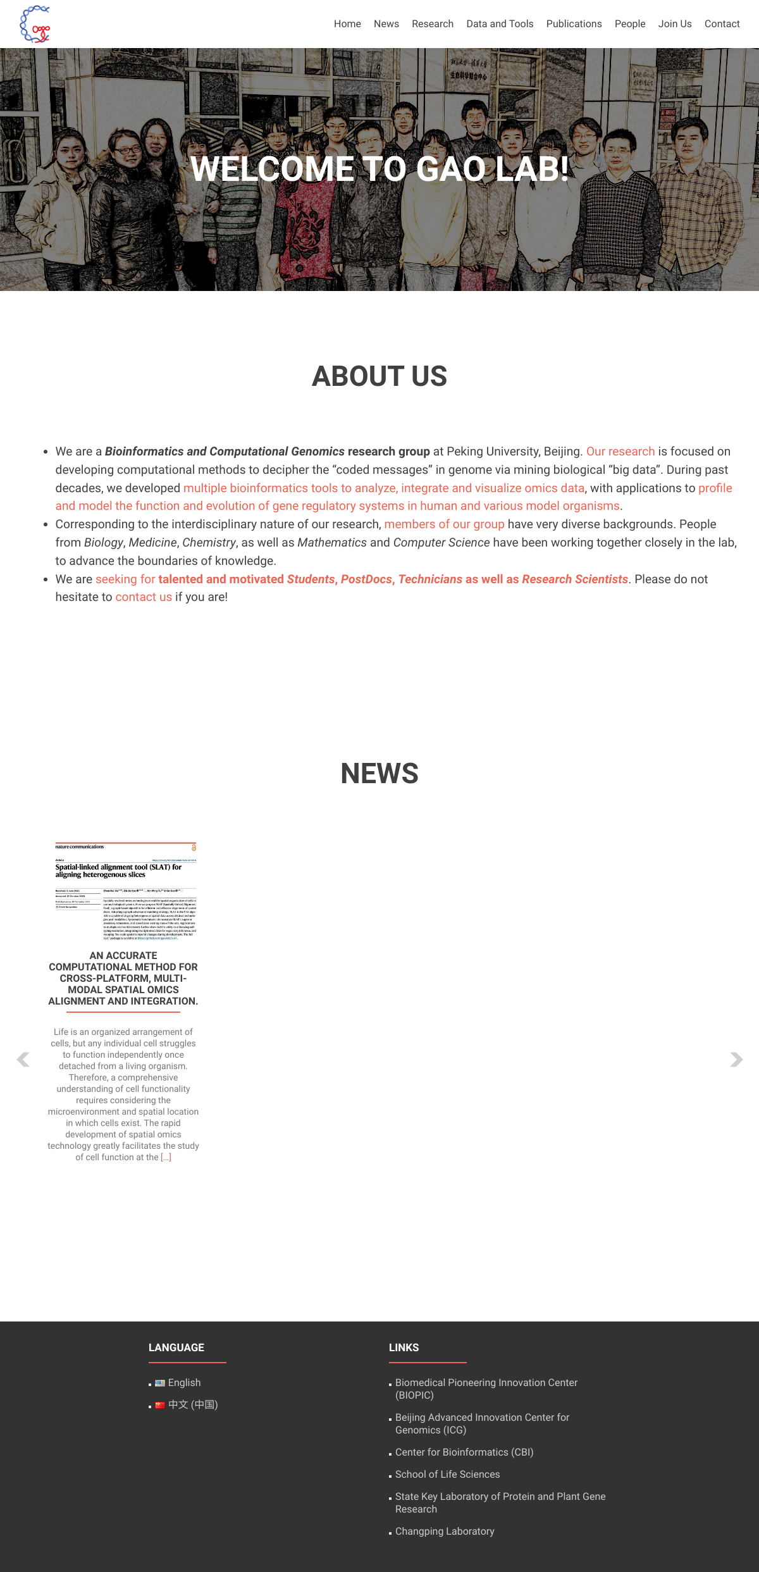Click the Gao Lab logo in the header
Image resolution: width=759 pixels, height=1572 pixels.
pyautogui.click(x=35, y=24)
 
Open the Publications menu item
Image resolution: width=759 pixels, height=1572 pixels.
pyautogui.click(x=574, y=24)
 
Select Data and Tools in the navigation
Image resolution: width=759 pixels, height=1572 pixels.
pyautogui.click(x=500, y=24)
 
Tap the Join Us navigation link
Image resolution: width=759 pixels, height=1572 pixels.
pyautogui.click(x=675, y=24)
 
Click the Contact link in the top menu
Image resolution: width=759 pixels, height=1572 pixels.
pyautogui.click(x=722, y=24)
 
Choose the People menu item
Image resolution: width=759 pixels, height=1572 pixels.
pyautogui.click(x=630, y=24)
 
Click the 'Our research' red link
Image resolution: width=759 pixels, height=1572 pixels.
pyautogui.click(x=620, y=452)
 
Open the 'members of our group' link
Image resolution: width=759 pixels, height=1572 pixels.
pyautogui.click(x=444, y=524)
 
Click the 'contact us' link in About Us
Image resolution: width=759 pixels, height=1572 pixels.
pyautogui.click(x=144, y=597)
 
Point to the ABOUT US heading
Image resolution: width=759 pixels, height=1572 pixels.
pyautogui.click(x=379, y=376)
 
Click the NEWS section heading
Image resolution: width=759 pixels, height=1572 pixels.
pyautogui.click(x=379, y=774)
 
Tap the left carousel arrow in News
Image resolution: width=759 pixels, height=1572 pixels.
pyautogui.click(x=23, y=1060)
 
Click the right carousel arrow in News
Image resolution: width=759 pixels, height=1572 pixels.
pyautogui.click(x=736, y=1060)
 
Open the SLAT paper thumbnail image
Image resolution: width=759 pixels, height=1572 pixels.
pyautogui.click(x=125, y=891)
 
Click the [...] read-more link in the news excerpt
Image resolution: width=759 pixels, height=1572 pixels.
pyautogui.click(x=166, y=1158)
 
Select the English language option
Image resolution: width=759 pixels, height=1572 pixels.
pyautogui.click(x=184, y=1383)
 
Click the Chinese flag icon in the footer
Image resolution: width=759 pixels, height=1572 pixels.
pyautogui.click(x=160, y=1405)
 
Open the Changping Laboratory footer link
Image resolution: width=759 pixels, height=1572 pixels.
pyautogui.click(x=445, y=1532)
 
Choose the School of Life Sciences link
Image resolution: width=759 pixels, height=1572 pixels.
pyautogui.click(x=447, y=1475)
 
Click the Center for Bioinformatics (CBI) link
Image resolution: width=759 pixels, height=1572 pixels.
pyautogui.click(x=464, y=1452)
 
